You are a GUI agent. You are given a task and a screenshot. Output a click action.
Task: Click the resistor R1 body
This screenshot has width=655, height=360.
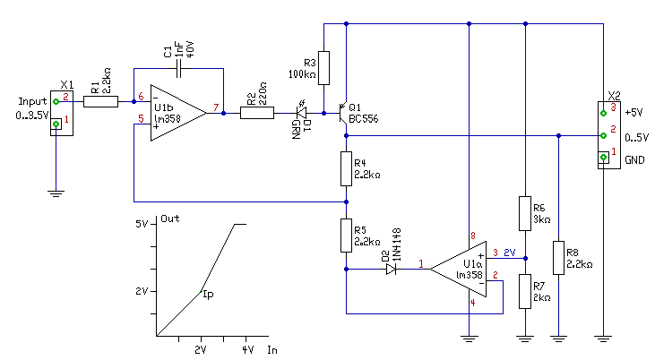(100, 101)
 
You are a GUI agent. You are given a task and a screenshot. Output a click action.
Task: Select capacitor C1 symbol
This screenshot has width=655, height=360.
(179, 68)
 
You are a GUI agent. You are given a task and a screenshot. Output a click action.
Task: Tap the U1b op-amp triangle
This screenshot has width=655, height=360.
(178, 113)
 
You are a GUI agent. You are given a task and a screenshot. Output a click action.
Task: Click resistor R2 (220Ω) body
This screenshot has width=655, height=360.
(257, 113)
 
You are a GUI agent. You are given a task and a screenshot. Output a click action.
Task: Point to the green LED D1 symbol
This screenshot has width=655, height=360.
(301, 113)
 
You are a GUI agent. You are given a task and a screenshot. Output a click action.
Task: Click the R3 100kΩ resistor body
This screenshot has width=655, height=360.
(323, 68)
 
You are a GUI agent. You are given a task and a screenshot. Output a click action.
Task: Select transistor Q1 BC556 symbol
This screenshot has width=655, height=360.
(343, 113)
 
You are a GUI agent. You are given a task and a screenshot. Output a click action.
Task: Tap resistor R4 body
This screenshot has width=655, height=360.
(346, 168)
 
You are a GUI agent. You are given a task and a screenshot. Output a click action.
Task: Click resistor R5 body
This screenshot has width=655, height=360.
(346, 236)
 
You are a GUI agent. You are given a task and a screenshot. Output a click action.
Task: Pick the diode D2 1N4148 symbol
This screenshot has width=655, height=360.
(391, 269)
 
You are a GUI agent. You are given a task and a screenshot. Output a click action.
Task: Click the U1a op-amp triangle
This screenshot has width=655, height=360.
(458, 269)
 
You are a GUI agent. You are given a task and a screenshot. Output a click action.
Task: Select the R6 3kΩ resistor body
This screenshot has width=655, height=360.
(525, 213)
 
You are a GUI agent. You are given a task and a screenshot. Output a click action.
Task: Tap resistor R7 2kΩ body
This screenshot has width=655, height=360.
(525, 292)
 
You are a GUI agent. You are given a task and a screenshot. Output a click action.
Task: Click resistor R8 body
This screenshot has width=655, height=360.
(558, 258)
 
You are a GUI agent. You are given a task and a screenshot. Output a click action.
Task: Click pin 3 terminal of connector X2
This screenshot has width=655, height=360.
(603, 113)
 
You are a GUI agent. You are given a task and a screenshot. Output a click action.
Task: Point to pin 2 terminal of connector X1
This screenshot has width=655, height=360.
(56, 101)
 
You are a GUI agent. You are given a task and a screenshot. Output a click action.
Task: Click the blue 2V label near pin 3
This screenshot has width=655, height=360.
(510, 253)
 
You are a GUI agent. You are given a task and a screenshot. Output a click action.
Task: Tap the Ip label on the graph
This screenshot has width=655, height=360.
(208, 294)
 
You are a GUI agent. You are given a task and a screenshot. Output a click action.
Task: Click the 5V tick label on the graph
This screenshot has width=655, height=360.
(142, 224)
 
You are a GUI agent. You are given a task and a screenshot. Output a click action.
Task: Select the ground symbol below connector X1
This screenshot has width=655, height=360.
(56, 193)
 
